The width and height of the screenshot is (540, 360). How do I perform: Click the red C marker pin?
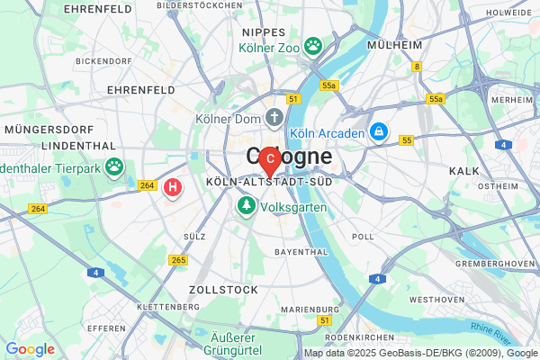pyautogui.click(x=269, y=159)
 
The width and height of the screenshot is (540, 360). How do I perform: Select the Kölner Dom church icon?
pyautogui.click(x=274, y=118)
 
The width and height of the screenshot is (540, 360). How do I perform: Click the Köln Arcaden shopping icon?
pyautogui.click(x=381, y=133)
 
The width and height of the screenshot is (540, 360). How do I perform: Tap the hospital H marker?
pyautogui.click(x=173, y=187)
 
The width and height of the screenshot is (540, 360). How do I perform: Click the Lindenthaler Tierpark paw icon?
pyautogui.click(x=114, y=166)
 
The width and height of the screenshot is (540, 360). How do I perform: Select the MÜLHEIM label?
pyautogui.click(x=394, y=44)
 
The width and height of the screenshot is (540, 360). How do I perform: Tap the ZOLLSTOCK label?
pyautogui.click(x=223, y=290)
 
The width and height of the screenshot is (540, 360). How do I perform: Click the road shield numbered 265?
pyautogui.click(x=177, y=260)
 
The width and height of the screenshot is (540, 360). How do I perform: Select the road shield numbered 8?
pyautogui.click(x=417, y=66)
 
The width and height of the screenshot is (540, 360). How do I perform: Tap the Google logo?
pyautogui.click(x=30, y=349)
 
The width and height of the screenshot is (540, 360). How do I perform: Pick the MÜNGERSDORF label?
pyautogui.click(x=43, y=129)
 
